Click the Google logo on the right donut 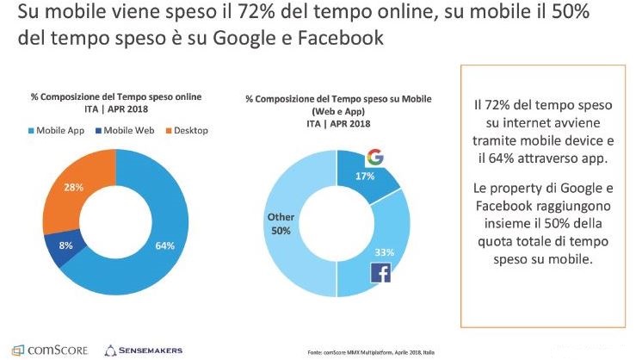coord(374,158)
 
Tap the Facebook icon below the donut coord(380,273)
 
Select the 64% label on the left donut coord(165,245)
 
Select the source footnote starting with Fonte coord(369,352)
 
